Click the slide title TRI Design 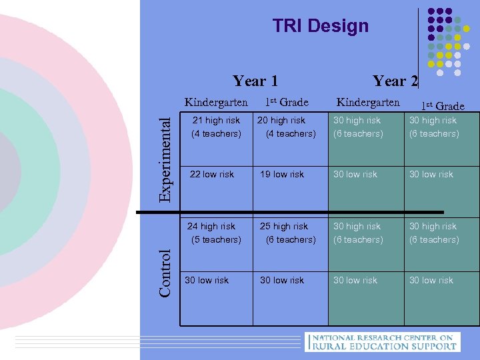(320, 26)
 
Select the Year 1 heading (255, 81)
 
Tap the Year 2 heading (395, 81)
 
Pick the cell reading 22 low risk (212, 174)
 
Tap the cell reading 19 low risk (282, 174)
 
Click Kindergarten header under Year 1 (216, 103)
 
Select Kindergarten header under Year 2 (368, 102)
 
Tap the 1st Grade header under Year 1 (287, 103)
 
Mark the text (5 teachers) (216, 240)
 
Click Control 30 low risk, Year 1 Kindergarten (207, 280)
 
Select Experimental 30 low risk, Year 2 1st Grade (431, 174)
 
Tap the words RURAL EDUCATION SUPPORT (385, 346)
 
